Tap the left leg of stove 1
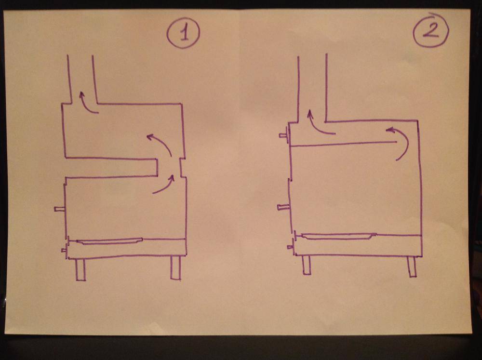(x=80, y=269)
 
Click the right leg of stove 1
(x=175, y=268)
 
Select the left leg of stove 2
(x=306, y=265)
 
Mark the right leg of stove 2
(x=412, y=266)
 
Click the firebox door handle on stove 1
(x=60, y=209)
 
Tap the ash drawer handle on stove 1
(x=65, y=250)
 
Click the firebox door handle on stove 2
(x=283, y=208)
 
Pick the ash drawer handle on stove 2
(x=291, y=247)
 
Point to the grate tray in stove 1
(x=109, y=241)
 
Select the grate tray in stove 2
(x=339, y=236)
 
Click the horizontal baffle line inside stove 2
(x=343, y=144)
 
